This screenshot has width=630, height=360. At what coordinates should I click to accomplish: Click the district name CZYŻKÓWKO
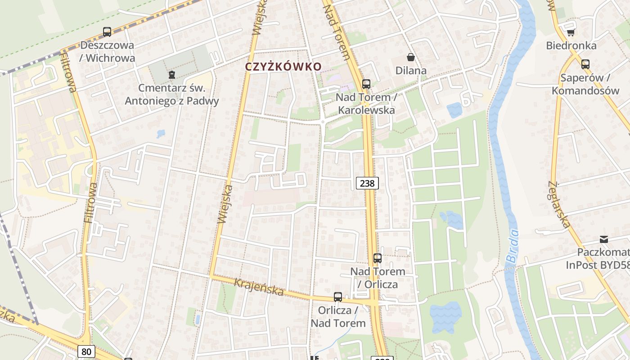(283, 67)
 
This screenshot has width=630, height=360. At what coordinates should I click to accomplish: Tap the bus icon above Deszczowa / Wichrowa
(107, 32)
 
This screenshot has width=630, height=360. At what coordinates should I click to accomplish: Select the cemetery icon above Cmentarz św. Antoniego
(171, 75)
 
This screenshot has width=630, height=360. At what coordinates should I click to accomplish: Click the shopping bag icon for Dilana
(411, 57)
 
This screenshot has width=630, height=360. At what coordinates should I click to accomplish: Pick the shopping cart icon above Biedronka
(571, 32)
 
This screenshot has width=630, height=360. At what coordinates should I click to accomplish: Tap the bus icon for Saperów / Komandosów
(585, 64)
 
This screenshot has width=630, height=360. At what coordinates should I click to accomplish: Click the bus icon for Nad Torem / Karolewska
(366, 84)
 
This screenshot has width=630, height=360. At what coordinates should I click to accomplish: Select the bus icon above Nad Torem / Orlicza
(378, 258)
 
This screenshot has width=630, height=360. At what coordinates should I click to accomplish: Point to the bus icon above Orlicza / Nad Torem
(338, 297)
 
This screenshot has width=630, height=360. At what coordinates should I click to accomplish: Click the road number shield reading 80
(86, 351)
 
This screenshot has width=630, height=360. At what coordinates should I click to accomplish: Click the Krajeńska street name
(259, 287)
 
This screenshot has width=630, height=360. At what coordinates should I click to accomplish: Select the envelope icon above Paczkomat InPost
(603, 239)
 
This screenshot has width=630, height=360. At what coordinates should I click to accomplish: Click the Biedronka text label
(571, 45)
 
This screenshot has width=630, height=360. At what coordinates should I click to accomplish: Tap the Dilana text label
(411, 71)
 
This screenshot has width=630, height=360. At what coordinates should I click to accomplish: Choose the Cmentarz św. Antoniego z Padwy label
(172, 94)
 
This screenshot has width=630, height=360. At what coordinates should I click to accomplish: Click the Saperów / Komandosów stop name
(585, 84)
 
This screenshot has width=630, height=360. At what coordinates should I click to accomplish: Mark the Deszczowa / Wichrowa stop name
(107, 51)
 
